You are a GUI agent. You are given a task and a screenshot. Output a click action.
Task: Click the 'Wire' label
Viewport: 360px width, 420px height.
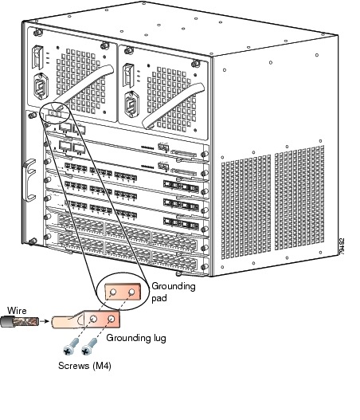(x=17, y=311)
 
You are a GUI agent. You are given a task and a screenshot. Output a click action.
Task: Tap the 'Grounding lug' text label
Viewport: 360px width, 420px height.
(x=136, y=338)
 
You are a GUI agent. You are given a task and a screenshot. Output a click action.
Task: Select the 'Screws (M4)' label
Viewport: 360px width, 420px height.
(x=84, y=366)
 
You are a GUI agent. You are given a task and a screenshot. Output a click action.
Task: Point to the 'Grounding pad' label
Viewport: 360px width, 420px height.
(x=174, y=292)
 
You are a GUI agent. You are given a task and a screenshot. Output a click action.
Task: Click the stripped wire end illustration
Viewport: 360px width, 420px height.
(x=20, y=321)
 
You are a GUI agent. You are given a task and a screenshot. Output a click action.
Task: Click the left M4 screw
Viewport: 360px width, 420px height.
(x=71, y=347)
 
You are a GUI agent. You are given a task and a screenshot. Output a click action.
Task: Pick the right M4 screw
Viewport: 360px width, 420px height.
(x=89, y=347)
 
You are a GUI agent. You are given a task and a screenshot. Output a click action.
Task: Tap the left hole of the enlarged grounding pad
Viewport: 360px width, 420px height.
(x=113, y=292)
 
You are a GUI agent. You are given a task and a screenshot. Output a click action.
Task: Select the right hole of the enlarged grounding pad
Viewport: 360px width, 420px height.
(x=131, y=292)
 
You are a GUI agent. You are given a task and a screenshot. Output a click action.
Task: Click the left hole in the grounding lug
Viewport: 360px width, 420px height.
(x=93, y=319)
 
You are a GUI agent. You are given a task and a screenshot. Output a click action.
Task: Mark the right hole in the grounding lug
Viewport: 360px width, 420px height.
(x=112, y=319)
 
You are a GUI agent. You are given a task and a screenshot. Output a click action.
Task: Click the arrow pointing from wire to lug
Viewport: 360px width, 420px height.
(x=45, y=321)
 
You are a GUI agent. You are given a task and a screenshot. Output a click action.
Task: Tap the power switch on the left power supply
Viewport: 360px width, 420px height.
(x=37, y=57)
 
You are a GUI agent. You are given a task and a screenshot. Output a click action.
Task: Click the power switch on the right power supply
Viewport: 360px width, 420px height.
(x=128, y=75)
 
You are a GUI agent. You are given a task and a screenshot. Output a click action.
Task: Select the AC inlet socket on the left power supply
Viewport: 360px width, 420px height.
(x=41, y=86)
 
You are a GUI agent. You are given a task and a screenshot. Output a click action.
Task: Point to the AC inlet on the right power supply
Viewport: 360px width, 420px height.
(x=131, y=104)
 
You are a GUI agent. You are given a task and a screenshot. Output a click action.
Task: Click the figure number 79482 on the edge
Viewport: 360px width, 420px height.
(x=341, y=246)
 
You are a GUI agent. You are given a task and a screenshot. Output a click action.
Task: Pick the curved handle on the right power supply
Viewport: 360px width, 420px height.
(x=173, y=105)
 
